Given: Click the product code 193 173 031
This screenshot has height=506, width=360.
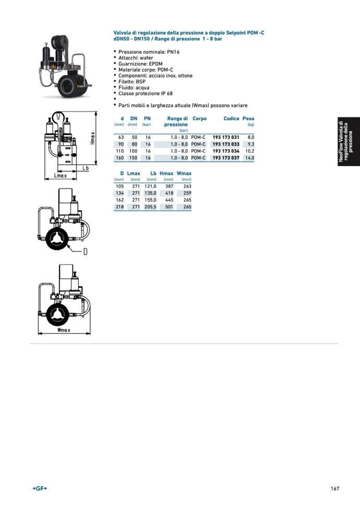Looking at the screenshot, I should [226, 137].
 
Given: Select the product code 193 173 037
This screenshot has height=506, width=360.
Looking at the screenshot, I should [226, 158].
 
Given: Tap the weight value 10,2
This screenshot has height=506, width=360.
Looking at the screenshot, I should [250, 151].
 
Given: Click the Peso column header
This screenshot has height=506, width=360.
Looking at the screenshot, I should [249, 119].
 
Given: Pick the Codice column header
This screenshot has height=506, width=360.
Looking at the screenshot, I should [231, 119].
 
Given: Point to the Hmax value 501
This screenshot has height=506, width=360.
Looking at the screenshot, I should [168, 207].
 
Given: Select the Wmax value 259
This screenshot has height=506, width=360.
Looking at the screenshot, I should [187, 193].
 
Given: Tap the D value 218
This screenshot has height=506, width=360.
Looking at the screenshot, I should [119, 207].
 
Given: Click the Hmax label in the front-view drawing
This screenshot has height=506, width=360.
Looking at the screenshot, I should [93, 137].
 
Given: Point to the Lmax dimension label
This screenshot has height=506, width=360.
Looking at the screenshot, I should [60, 176].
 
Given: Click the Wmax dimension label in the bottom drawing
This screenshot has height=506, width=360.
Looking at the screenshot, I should [64, 330].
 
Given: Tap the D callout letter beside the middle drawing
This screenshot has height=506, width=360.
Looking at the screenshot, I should [85, 252].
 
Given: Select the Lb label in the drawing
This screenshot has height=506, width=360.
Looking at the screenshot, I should [86, 168].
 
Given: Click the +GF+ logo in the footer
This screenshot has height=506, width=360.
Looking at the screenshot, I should [40, 488].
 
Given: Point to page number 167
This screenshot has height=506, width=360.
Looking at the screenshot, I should [334, 488].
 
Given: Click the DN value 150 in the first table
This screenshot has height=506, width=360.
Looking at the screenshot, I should [133, 158].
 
